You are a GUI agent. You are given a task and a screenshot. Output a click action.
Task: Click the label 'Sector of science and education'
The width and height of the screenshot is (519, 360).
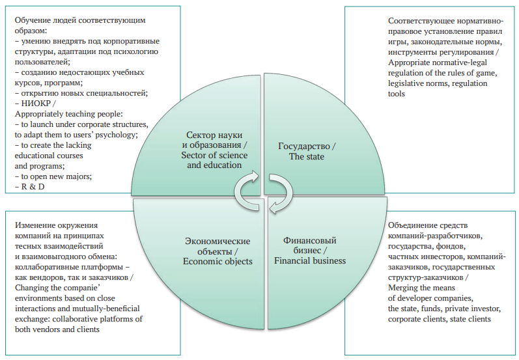pos(214,159)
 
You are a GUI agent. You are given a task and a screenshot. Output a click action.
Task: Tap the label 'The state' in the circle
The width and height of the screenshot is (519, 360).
pos(307,156)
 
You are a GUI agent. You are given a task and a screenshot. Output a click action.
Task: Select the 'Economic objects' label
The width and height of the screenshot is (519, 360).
pos(217,262)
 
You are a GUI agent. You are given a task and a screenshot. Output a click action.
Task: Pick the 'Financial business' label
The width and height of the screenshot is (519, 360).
pos(310,261)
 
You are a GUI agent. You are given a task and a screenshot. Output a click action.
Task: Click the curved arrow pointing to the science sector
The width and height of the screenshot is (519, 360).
pos(244,192)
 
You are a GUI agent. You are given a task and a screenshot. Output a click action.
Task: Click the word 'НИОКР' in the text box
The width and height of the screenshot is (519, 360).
pos(36,104)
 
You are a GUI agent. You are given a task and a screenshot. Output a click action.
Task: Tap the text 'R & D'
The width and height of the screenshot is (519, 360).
pos(33,187)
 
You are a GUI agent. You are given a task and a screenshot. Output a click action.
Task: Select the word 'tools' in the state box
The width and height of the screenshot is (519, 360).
pos(396,94)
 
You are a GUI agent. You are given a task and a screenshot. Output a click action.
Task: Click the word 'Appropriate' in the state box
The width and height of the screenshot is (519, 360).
pos(408,63)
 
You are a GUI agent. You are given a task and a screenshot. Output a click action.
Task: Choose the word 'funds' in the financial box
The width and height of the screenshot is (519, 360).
pos(430,309)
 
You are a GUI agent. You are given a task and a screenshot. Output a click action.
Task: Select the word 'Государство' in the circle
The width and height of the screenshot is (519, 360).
pos(304,146)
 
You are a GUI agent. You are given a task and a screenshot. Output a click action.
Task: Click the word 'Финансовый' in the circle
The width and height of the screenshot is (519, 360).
pos(310,240)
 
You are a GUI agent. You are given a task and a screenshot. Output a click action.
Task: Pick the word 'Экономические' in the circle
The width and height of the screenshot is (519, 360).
pos(217,241)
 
